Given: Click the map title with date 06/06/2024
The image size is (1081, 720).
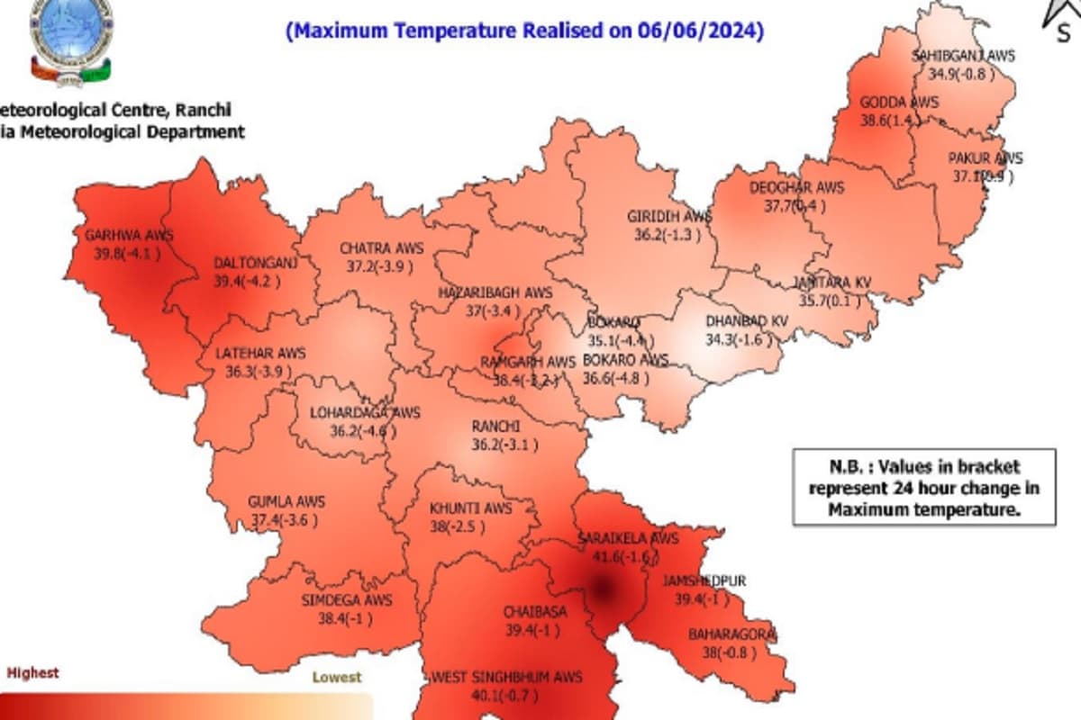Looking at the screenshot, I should click(x=524, y=31).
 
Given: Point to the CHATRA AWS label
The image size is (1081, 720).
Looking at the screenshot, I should click(x=381, y=247).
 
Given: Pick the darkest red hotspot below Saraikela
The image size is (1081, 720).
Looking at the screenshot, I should click(x=601, y=589).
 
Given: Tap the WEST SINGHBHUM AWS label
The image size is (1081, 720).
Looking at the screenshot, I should click(x=507, y=677).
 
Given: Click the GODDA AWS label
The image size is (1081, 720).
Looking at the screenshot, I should click(x=898, y=102).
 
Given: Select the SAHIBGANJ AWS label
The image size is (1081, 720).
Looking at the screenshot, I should click(x=963, y=56).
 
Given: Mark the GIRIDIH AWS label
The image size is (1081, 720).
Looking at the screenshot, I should click(x=669, y=217).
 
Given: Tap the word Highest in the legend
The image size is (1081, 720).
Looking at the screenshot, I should click(x=32, y=672).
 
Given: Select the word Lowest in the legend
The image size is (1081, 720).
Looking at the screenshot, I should click(x=336, y=677).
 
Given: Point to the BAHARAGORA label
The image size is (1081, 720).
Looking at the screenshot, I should click(x=732, y=635).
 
